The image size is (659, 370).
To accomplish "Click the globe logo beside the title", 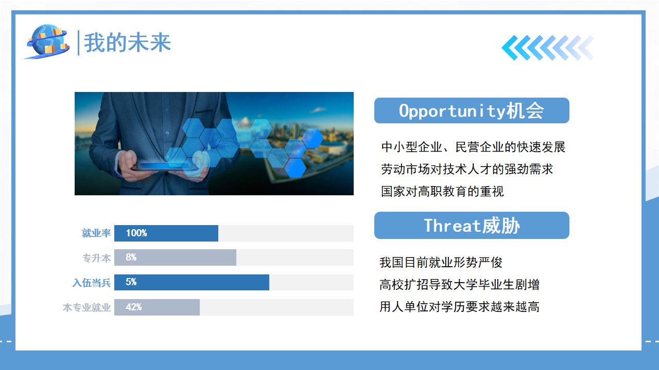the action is click(x=48, y=42).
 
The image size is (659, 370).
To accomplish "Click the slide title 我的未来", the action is click(x=127, y=43).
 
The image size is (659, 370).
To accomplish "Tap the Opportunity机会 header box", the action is click(x=472, y=110).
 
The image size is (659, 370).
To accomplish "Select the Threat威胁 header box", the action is click(x=472, y=225).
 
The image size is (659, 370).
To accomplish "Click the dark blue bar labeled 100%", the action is click(x=166, y=233).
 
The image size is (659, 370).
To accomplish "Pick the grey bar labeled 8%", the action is click(x=176, y=257).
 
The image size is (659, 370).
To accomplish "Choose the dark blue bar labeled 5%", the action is click(x=192, y=282).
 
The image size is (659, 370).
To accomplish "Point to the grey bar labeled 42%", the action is click(x=157, y=307).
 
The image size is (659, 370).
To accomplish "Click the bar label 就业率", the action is click(x=96, y=233).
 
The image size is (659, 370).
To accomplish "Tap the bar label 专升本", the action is click(x=96, y=258).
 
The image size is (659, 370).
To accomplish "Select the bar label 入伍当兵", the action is click(x=92, y=283).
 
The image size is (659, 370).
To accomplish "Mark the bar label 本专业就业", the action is click(x=87, y=308).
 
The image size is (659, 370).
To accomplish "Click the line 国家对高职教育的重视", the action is click(x=442, y=192).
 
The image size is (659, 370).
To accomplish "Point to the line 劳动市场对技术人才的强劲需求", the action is click(x=467, y=169).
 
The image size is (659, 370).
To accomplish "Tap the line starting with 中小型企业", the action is click(x=473, y=147).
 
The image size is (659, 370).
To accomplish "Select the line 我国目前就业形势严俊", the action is click(x=441, y=262).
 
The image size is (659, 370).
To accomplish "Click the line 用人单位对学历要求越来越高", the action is click(x=460, y=307).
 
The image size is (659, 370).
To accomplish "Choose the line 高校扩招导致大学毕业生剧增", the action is click(x=460, y=285).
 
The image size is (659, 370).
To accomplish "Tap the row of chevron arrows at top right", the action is click(x=548, y=48).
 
